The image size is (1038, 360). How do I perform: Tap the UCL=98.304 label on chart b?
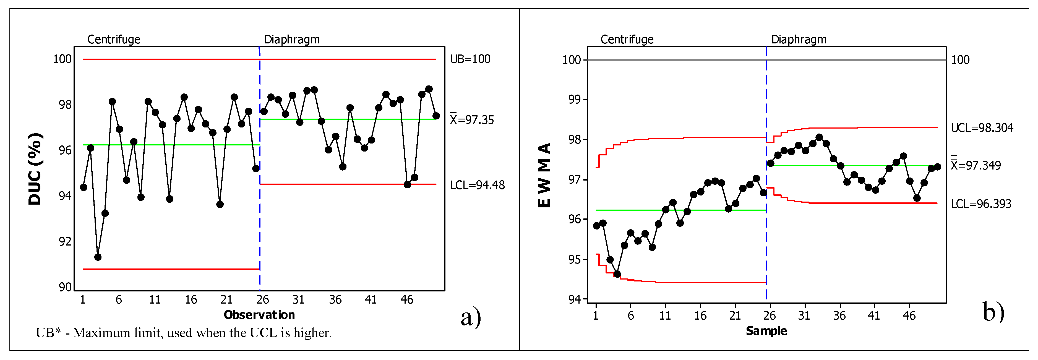[982, 128]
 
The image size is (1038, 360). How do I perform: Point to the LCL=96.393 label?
[981, 204]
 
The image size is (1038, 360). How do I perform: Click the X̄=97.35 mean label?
[471, 120]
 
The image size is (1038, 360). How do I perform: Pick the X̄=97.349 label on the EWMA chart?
[976, 165]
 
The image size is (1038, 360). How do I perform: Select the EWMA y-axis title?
[544, 175]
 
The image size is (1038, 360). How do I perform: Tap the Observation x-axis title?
[259, 315]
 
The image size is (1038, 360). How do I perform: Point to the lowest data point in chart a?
[98, 257]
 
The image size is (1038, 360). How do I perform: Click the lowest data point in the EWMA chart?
[617, 274]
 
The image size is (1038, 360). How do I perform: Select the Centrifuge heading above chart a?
[114, 40]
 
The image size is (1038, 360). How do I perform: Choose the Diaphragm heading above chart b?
[799, 40]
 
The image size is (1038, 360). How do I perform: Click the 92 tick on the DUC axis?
[65, 241]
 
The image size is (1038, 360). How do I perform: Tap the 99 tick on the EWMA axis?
[574, 99]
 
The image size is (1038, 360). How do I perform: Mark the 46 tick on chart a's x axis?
[406, 299]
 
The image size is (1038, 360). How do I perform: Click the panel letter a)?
[471, 317]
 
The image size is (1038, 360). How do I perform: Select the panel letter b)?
[993, 312]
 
